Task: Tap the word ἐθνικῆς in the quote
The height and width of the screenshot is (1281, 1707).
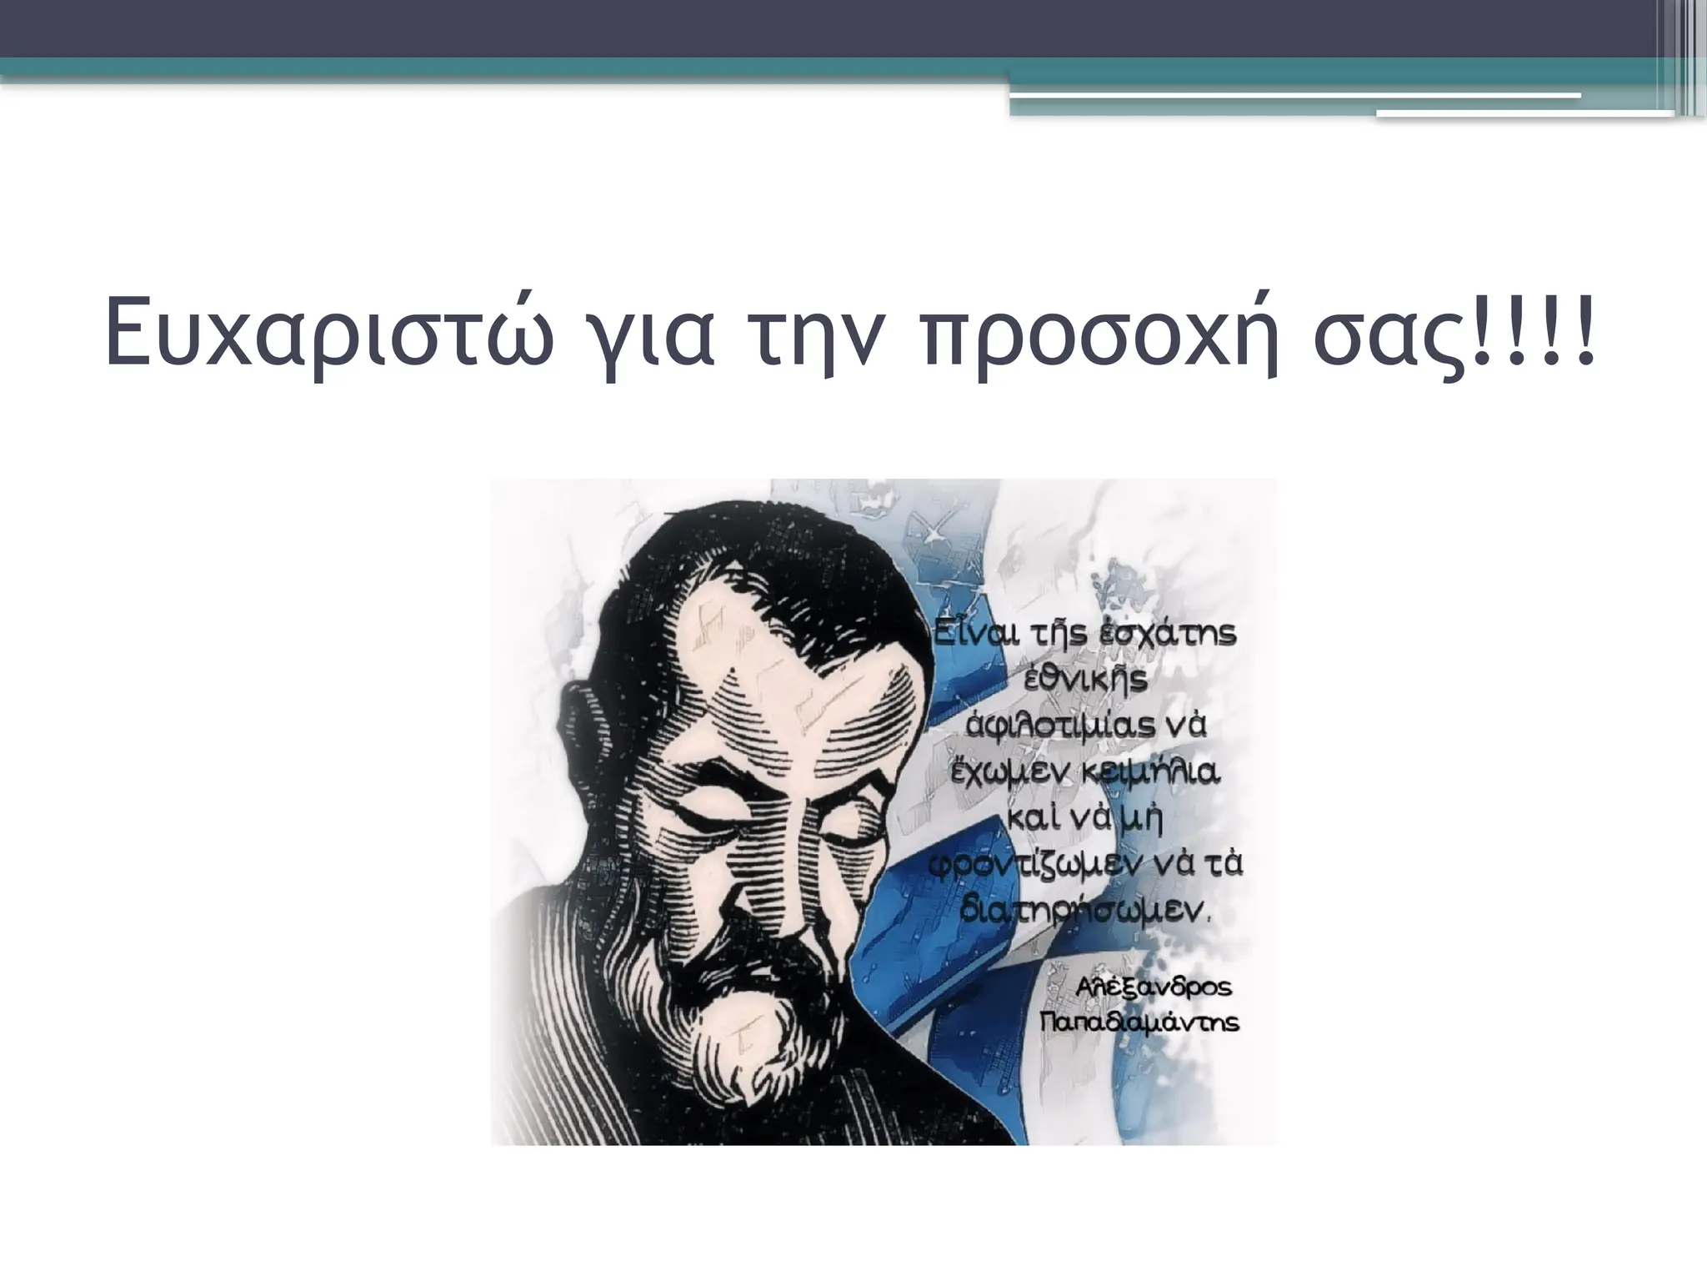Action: click(x=1084, y=680)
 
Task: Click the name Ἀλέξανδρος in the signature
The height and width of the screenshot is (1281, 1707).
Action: click(x=1153, y=987)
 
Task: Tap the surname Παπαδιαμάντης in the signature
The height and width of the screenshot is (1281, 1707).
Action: click(x=1139, y=1022)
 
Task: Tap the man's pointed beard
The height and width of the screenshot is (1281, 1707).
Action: click(x=754, y=1042)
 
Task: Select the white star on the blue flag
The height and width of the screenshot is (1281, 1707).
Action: click(x=934, y=530)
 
